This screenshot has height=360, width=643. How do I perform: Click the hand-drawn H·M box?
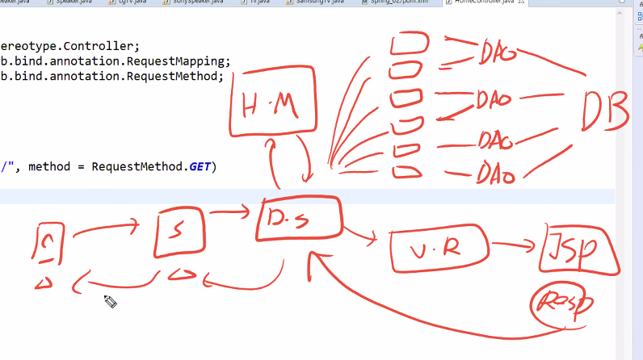pyautogui.click(x=270, y=105)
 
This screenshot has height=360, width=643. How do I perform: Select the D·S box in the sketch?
pyautogui.click(x=299, y=219)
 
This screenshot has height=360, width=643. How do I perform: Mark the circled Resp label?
pyautogui.click(x=563, y=304)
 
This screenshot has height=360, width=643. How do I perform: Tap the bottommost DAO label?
pyautogui.click(x=498, y=171)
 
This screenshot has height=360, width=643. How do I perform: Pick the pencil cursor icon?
pyautogui.click(x=110, y=302)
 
